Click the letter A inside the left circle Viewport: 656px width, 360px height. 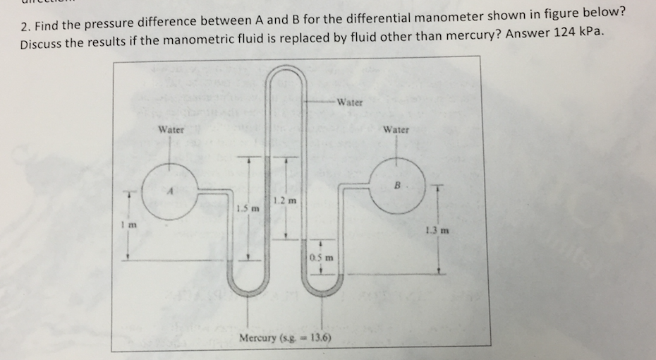click(169, 189)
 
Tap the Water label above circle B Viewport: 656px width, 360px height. click(396, 129)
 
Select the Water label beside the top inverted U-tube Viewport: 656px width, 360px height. click(350, 102)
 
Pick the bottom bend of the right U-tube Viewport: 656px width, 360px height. click(322, 291)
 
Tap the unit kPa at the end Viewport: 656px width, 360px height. click(592, 35)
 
